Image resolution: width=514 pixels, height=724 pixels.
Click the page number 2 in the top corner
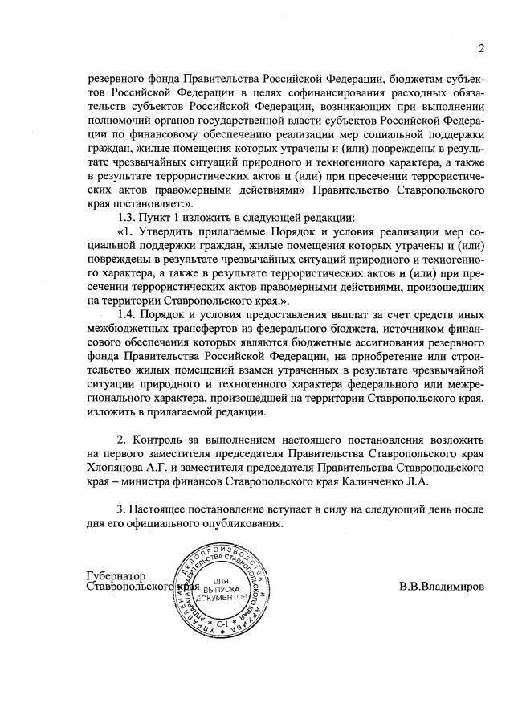[481, 48]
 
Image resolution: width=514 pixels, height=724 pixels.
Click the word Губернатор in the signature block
[116, 575]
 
